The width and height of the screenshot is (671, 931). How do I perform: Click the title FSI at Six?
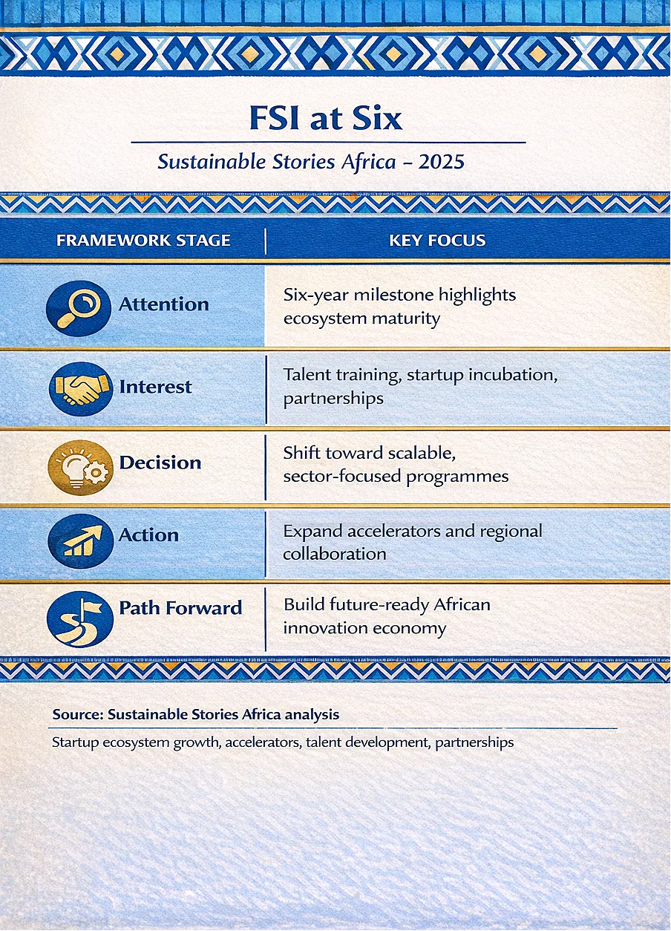point(326,119)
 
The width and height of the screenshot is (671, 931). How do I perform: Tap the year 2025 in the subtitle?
point(441,162)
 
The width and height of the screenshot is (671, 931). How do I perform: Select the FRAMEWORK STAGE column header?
point(143,241)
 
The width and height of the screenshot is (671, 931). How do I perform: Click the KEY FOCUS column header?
point(437,241)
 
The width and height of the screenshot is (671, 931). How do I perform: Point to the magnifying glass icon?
point(79,308)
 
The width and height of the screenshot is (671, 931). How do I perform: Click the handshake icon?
point(81,388)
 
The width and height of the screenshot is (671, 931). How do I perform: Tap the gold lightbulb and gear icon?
point(81,468)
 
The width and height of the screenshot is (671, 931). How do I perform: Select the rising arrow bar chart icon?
point(81,540)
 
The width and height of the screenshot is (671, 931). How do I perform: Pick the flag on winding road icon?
point(80,619)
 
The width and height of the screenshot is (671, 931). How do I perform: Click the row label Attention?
point(164,304)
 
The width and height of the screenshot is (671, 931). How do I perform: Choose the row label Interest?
point(155,387)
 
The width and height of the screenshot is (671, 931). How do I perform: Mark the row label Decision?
point(160,463)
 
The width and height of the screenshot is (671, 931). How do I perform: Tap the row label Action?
point(148,535)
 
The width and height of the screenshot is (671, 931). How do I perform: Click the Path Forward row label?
point(180,607)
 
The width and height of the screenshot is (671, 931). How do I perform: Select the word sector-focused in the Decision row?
point(342,476)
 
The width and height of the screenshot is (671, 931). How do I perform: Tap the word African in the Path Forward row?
point(462,604)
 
